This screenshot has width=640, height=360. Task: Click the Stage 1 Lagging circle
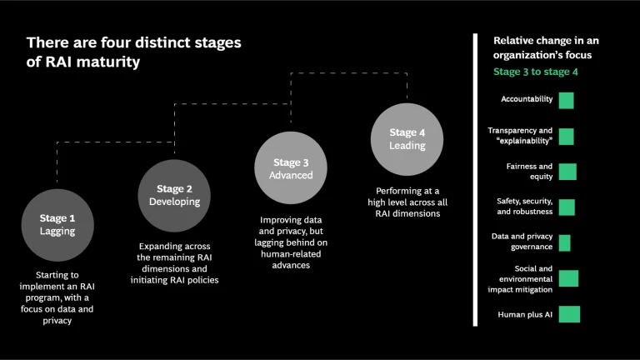point(57,224)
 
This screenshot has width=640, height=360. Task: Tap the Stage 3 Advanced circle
point(290,168)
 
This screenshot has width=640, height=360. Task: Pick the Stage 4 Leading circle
point(407,139)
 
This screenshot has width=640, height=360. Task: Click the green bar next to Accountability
point(566,101)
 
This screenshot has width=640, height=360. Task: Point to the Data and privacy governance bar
point(564,242)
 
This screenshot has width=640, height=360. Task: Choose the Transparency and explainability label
point(520,136)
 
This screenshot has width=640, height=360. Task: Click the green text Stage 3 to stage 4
point(535,72)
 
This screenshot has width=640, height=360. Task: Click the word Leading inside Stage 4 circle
point(407,146)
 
